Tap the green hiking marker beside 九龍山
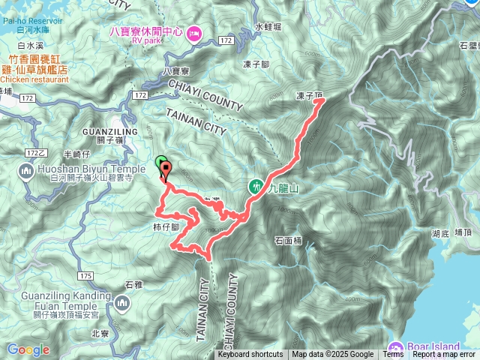pos(255,185)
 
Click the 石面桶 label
pos(287,241)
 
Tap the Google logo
pos(28,349)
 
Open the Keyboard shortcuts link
pos(250,355)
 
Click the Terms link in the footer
pos(393,355)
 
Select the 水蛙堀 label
pos(268,26)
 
